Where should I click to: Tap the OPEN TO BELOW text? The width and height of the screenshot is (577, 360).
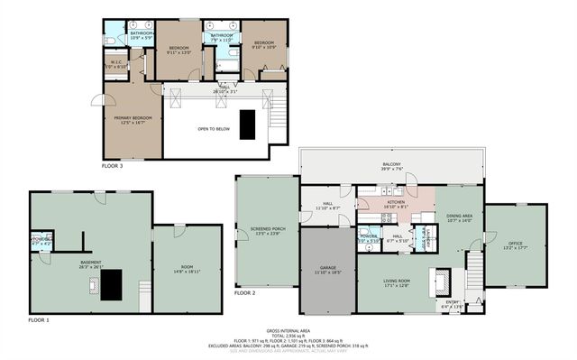click(x=212, y=129)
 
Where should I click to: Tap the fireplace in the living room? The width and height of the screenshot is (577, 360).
click(x=443, y=282)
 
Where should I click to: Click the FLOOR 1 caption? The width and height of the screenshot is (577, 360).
click(x=38, y=320)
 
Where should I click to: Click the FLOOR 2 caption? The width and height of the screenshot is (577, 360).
click(x=244, y=293)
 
